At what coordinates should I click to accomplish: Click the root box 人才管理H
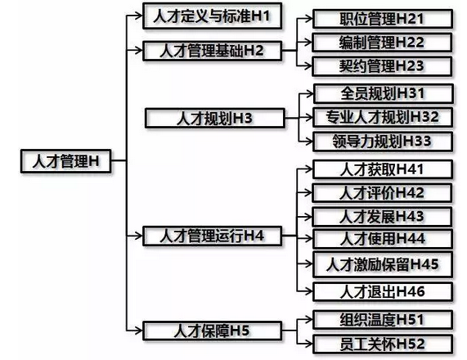pos(65,161)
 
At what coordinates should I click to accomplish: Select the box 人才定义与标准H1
pos(212,16)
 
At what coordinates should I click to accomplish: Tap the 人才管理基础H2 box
pos(212,51)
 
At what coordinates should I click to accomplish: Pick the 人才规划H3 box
pos(215,119)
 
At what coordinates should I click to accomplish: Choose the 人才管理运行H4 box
pos(212,236)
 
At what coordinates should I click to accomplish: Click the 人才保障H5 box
pos(212,331)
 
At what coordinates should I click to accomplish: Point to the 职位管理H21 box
pos(383,19)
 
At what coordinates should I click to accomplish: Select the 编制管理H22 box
pos(382,43)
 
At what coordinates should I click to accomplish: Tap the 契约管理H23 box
pos(382,65)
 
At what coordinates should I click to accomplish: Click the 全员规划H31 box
pos(384,93)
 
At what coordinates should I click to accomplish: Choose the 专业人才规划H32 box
pos(383,117)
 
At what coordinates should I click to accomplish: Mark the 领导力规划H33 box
pos(383,142)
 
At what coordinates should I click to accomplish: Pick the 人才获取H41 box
pos(383,169)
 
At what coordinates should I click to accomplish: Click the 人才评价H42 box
pos(382,193)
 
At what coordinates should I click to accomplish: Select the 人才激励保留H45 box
pos(383,264)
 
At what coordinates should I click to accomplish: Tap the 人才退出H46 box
pos(383,292)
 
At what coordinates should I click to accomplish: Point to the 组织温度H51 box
pos(383,320)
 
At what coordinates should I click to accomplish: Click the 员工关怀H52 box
pos(383,344)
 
